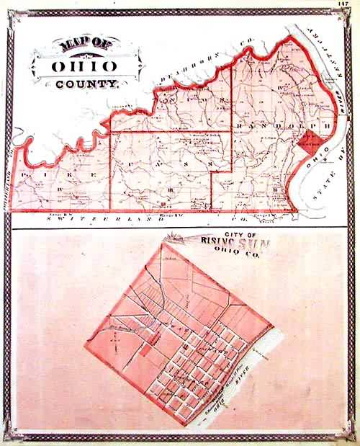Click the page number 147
342,5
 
